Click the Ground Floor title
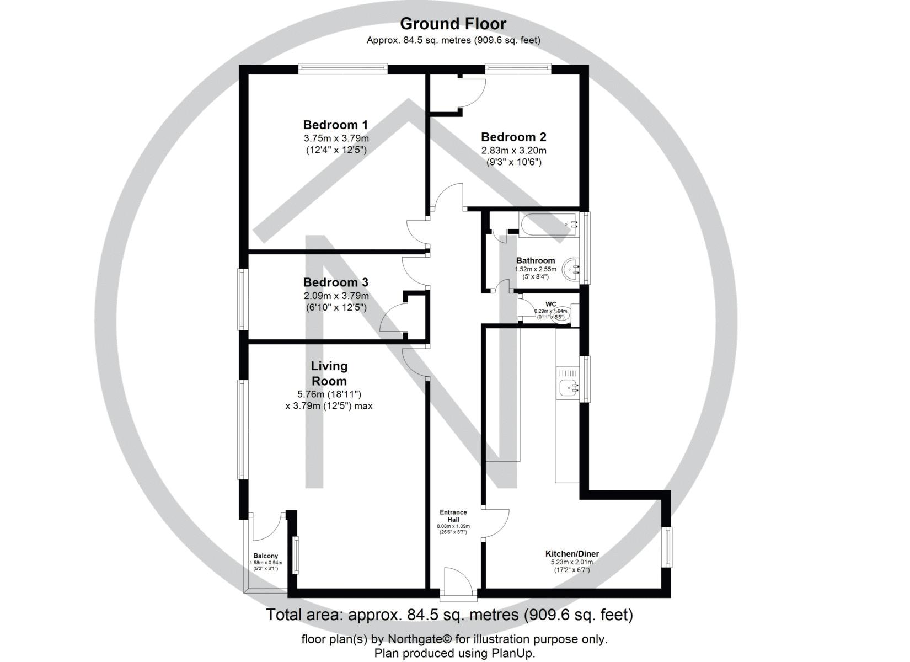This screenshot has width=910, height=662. point(453,24)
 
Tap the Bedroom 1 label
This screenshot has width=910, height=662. point(335,125)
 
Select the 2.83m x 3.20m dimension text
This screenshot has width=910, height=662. point(513,150)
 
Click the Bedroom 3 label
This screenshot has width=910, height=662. point(335,282)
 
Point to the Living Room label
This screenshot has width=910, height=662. point(329,373)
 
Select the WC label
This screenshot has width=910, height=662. point(550,304)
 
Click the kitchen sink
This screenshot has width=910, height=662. point(568,388)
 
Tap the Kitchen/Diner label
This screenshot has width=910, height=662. point(572,554)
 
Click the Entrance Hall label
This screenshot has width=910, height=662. point(453,516)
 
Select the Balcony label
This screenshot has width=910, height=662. point(265,556)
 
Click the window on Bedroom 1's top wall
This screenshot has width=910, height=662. point(342,68)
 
